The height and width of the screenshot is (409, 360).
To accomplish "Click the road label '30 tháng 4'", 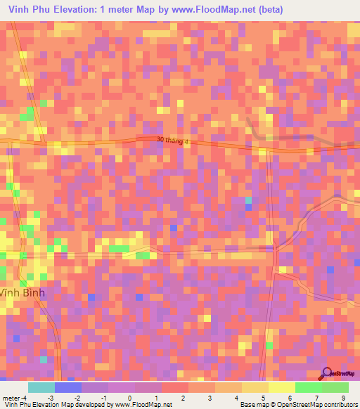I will [173, 142].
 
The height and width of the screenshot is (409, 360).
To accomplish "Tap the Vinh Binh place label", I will [22, 293].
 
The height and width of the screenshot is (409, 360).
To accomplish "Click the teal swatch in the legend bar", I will [41, 387].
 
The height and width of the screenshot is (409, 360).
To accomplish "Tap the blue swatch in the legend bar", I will [67, 387].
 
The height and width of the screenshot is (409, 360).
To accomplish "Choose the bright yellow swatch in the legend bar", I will [281, 387].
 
